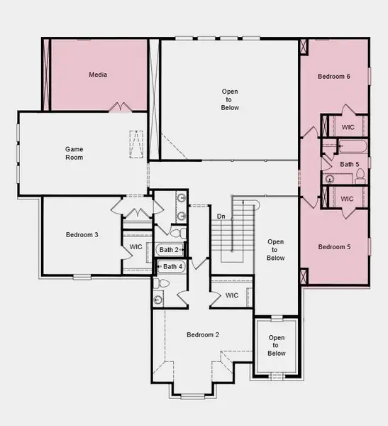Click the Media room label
click(98, 75)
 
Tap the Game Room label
click(74, 153)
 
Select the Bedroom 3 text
click(82, 234)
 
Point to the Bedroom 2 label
click(202, 334)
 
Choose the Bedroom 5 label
click(333, 247)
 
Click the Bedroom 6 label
click(333, 76)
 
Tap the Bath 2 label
click(169, 250)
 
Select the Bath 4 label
click(173, 267)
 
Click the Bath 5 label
click(350, 165)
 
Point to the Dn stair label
click(221, 216)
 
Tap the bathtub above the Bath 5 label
click(351, 148)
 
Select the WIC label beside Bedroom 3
click(136, 247)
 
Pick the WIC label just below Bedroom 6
click(348, 127)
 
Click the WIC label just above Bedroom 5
click(348, 199)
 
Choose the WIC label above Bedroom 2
click(232, 295)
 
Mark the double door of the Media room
click(119, 107)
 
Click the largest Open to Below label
click(229, 99)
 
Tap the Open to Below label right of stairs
click(276, 250)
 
